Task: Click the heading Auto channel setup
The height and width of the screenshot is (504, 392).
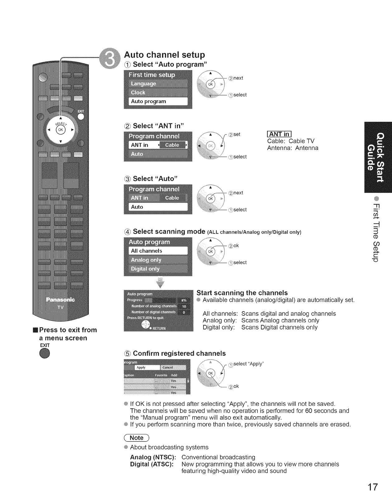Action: coord(165,55)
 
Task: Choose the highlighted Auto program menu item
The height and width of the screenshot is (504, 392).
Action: coord(158,102)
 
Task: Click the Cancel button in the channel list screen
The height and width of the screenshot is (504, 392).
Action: coord(168,368)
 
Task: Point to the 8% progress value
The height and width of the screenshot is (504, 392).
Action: coord(184,300)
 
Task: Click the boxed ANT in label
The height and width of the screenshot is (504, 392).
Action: coord(279,134)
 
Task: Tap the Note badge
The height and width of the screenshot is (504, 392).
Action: coord(137,438)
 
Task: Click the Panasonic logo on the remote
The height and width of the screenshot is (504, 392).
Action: coord(60,300)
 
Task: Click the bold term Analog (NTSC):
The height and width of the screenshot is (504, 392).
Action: coord(153,457)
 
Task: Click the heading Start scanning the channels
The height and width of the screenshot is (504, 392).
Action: coord(242,293)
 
